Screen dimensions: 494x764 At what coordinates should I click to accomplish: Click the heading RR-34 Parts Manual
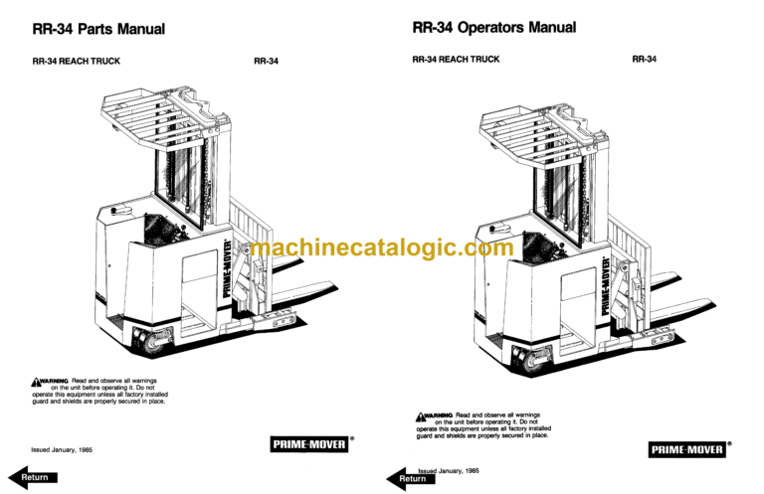(98, 30)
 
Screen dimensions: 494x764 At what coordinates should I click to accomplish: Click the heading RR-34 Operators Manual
(493, 28)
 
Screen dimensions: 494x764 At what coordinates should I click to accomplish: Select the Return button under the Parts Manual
(33, 477)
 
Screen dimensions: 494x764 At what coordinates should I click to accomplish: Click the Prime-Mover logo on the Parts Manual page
(309, 444)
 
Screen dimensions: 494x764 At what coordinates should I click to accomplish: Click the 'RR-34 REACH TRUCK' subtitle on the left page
(77, 62)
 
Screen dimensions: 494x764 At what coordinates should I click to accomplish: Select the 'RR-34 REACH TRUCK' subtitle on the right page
(456, 60)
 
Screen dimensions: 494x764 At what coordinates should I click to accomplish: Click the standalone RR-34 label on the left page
(266, 62)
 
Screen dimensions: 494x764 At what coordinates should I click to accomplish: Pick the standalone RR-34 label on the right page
(645, 59)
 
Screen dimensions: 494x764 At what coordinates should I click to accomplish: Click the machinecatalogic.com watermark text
(382, 247)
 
